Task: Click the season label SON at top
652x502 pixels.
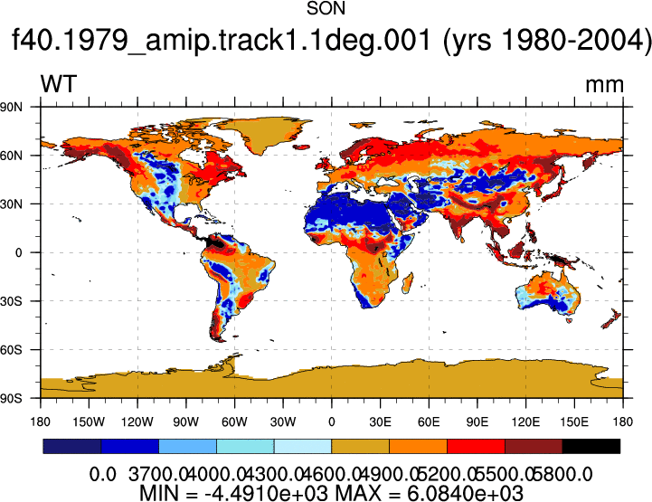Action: [326, 9]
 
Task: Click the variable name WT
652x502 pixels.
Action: [59, 84]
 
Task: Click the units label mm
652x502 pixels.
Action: [604, 85]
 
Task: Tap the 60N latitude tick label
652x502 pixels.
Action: [11, 156]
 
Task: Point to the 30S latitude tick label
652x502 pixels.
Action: [11, 301]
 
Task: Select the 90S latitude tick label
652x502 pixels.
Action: [11, 399]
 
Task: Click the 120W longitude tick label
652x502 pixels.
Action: [137, 422]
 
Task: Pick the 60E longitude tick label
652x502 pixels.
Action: [429, 422]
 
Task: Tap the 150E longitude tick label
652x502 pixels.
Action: [574, 422]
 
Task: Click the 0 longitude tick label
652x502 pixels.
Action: [331, 422]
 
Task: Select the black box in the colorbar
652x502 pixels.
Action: [591, 446]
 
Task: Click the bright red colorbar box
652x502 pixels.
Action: [476, 446]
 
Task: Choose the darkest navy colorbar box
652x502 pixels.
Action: [72, 446]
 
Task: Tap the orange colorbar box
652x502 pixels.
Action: [418, 446]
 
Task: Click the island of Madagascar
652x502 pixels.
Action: [408, 283]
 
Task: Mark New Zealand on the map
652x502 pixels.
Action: [612, 318]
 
